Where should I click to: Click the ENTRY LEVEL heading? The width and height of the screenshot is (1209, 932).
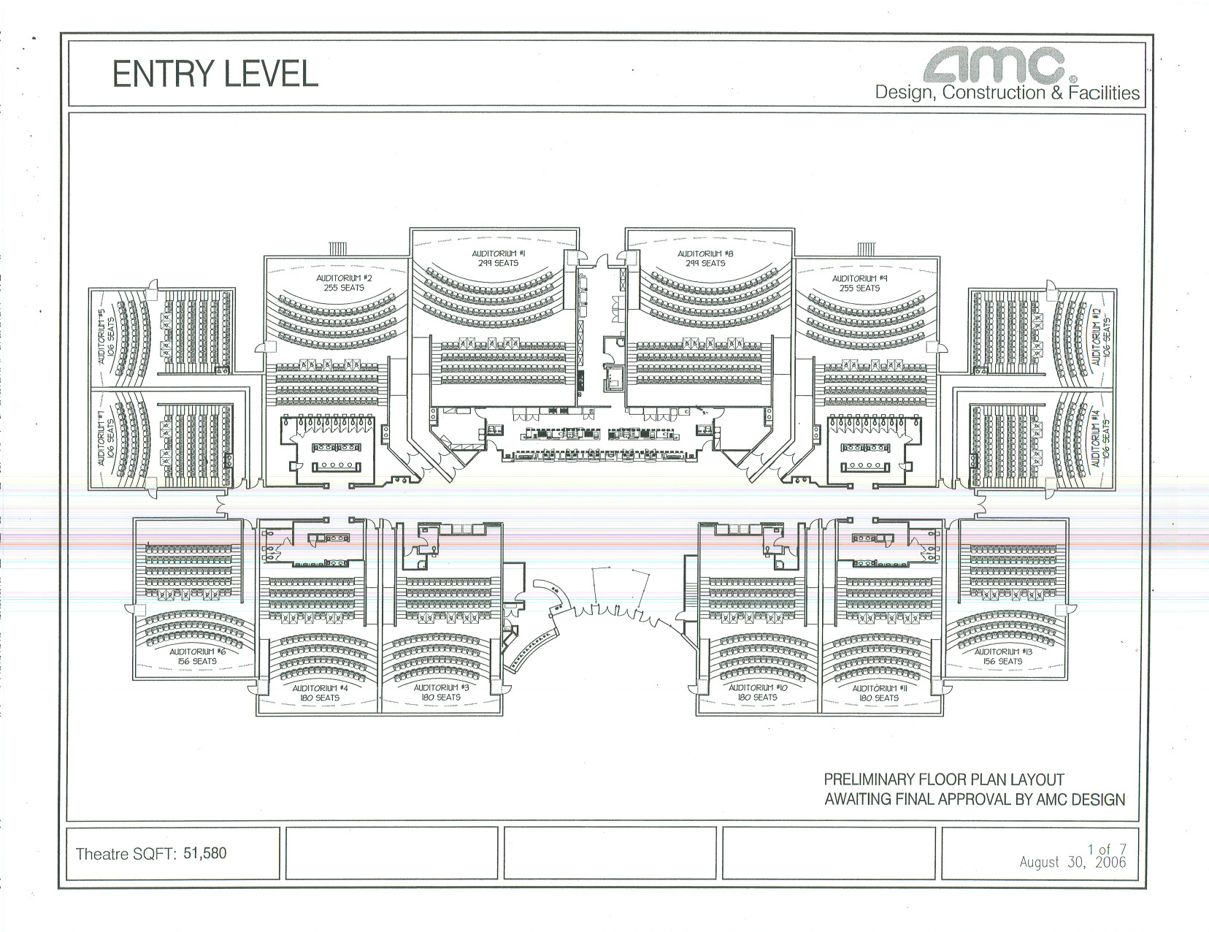[x=215, y=74]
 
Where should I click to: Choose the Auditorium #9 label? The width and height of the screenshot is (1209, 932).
[x=859, y=283]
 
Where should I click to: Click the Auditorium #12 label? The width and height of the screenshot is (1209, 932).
[x=1099, y=337]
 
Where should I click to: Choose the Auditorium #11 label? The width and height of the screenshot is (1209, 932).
[x=879, y=692]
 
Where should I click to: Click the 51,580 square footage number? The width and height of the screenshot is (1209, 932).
[x=204, y=852]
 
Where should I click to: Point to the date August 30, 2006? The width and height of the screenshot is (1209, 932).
[x=1072, y=862]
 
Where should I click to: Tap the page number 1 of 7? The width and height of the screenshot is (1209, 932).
[x=1107, y=849]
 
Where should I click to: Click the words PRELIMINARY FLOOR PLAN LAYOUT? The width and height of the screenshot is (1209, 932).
[x=944, y=779]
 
